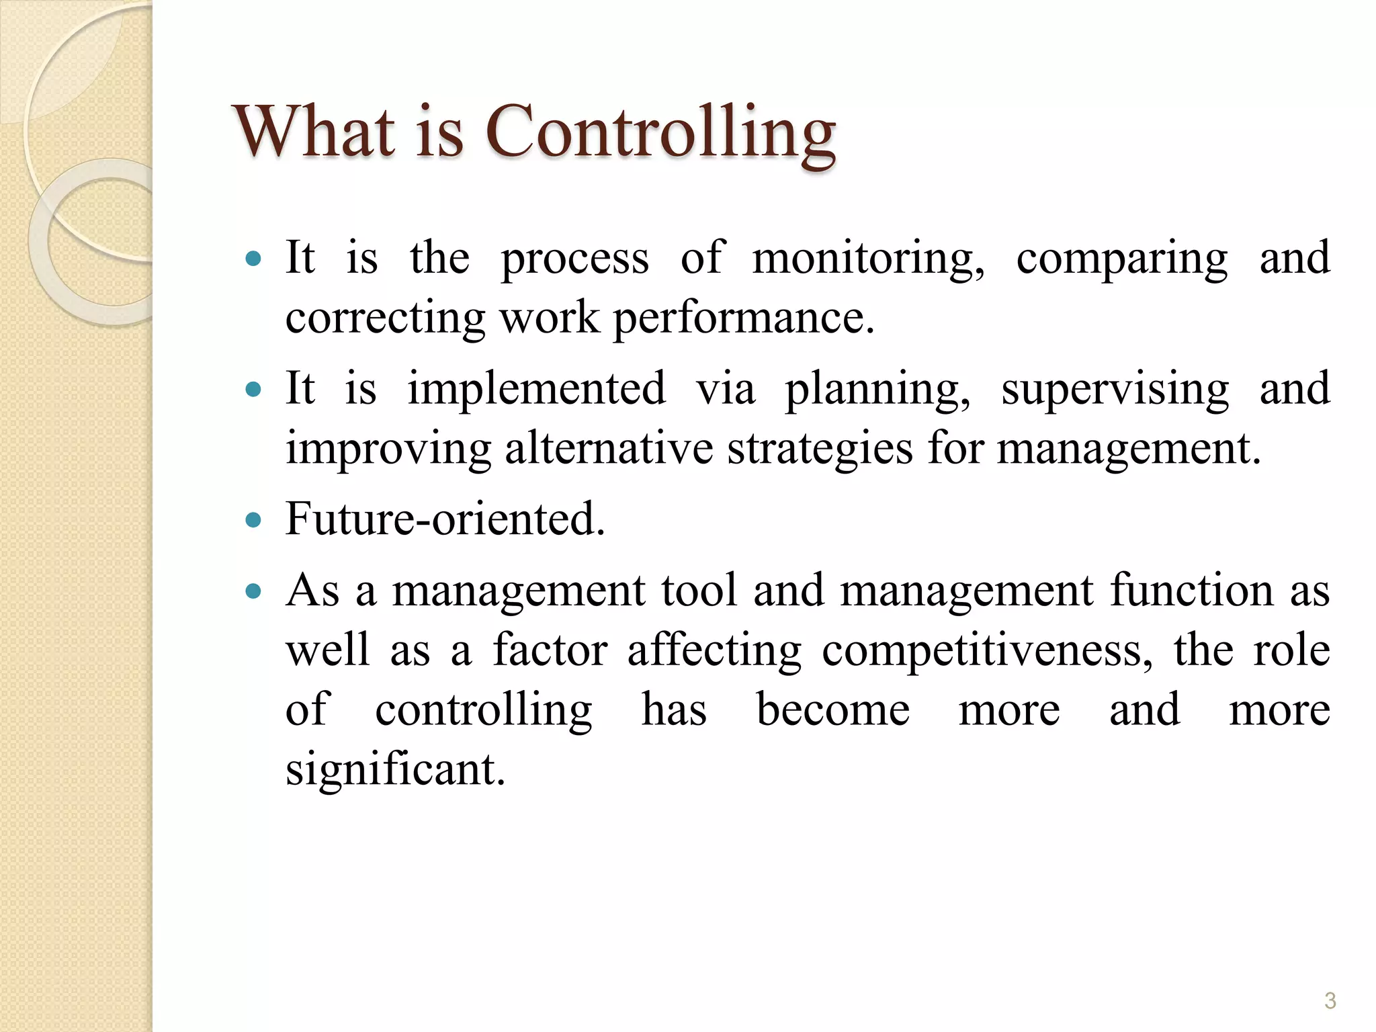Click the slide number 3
click(1330, 1000)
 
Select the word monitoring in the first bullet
click(868, 259)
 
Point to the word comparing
click(1121, 260)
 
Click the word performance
click(744, 318)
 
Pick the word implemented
click(536, 389)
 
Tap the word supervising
click(1115, 390)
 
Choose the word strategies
click(820, 449)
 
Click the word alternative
click(609, 448)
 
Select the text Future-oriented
click(445, 519)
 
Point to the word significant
click(395, 770)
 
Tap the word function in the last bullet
click(1191, 591)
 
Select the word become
click(833, 709)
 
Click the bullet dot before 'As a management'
click(253, 592)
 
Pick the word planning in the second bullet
click(877, 390)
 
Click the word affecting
click(714, 651)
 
